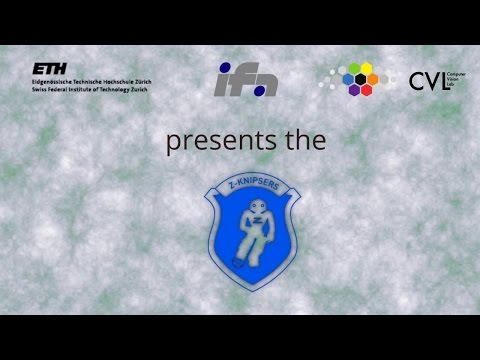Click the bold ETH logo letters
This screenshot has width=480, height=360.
pos(46,68)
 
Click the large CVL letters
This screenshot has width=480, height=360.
pos(427,81)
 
